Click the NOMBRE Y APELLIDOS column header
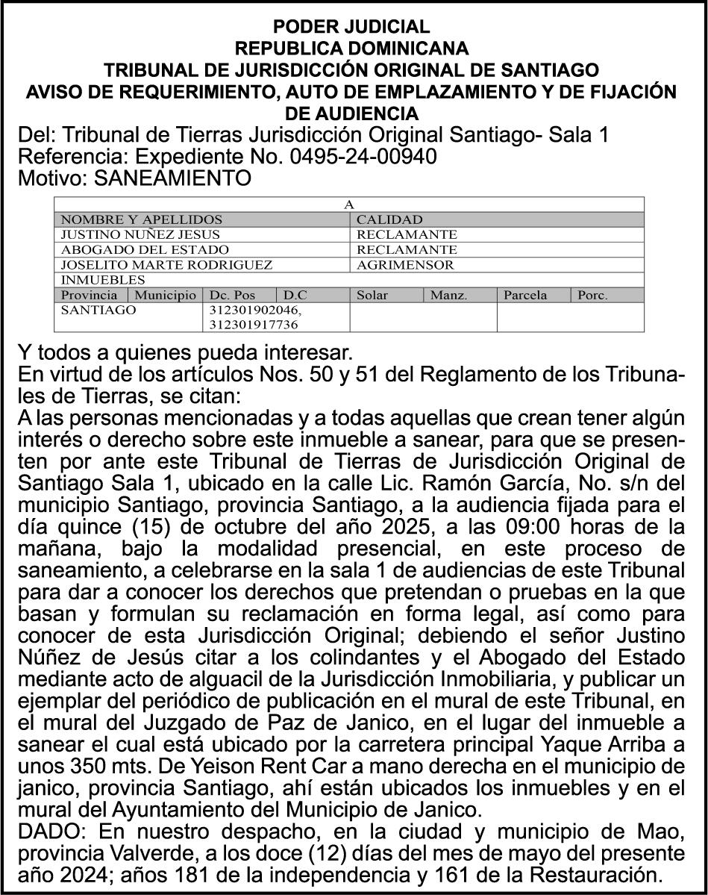click(141, 219)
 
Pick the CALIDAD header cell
click(389, 219)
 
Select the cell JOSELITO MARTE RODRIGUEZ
click(166, 264)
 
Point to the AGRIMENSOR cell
click(405, 264)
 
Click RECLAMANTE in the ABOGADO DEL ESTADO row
click(407, 249)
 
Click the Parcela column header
click(525, 295)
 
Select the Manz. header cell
click(448, 295)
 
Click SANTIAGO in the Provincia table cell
click(98, 309)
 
